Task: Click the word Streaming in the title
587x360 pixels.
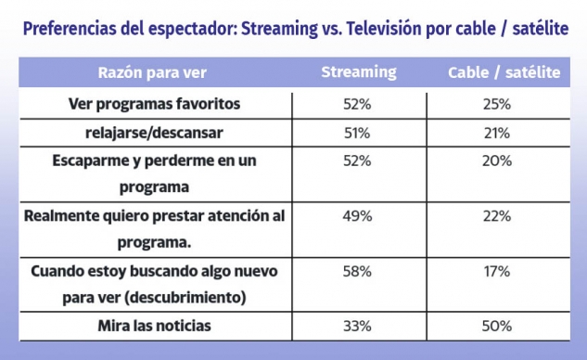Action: click(279, 29)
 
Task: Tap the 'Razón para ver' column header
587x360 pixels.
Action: click(152, 72)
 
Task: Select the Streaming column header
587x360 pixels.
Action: click(359, 72)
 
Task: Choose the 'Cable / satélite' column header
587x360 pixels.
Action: click(504, 72)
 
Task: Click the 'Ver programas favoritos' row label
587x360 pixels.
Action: click(154, 104)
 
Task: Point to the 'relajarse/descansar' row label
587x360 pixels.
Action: click(154, 133)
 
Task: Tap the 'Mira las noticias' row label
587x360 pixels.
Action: click(154, 326)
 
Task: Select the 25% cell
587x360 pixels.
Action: click(497, 104)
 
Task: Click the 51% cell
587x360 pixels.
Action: click(357, 133)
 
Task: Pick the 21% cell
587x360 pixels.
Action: click(497, 133)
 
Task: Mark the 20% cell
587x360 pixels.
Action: click(497, 161)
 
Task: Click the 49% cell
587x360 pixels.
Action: click(357, 216)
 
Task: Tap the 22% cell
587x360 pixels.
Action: click(497, 216)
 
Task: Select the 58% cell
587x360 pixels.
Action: click(357, 271)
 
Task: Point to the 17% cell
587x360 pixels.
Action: click(497, 271)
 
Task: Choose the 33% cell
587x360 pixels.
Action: click(357, 326)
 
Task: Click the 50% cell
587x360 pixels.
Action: click(497, 326)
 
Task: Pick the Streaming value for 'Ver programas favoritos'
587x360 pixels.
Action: click(357, 104)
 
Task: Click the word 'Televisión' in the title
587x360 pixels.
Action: click(384, 29)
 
